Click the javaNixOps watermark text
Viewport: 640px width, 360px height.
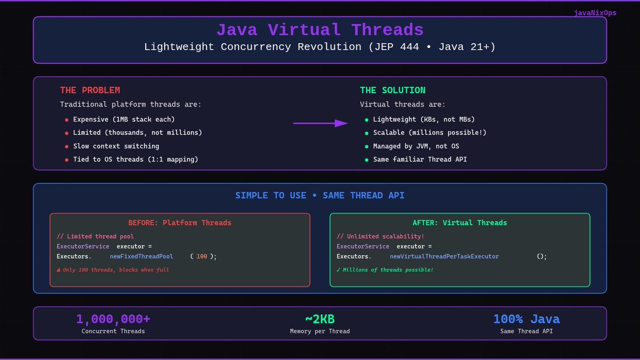[595, 13]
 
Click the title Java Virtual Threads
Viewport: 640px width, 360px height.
[319, 30]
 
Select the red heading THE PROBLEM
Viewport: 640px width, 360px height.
[90, 90]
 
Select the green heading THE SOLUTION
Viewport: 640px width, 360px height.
[393, 90]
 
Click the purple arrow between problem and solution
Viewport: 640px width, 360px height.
[320, 123]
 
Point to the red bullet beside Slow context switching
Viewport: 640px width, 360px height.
[67, 147]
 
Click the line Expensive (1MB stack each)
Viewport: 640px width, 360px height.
[124, 119]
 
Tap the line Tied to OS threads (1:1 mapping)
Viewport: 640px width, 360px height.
[135, 159]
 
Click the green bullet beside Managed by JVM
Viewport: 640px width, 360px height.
[366, 147]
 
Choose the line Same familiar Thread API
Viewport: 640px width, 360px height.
[420, 159]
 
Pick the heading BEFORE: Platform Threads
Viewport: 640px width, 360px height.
[180, 222]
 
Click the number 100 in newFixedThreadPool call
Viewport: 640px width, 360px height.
[202, 257]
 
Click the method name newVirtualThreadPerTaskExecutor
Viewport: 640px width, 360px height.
[444, 257]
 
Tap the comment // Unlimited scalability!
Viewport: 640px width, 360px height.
[380, 236]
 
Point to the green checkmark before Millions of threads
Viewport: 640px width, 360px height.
[339, 270]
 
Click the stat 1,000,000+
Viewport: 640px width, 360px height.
[113, 319]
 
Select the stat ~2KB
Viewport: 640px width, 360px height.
[319, 319]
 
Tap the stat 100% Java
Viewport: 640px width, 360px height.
[526, 319]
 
